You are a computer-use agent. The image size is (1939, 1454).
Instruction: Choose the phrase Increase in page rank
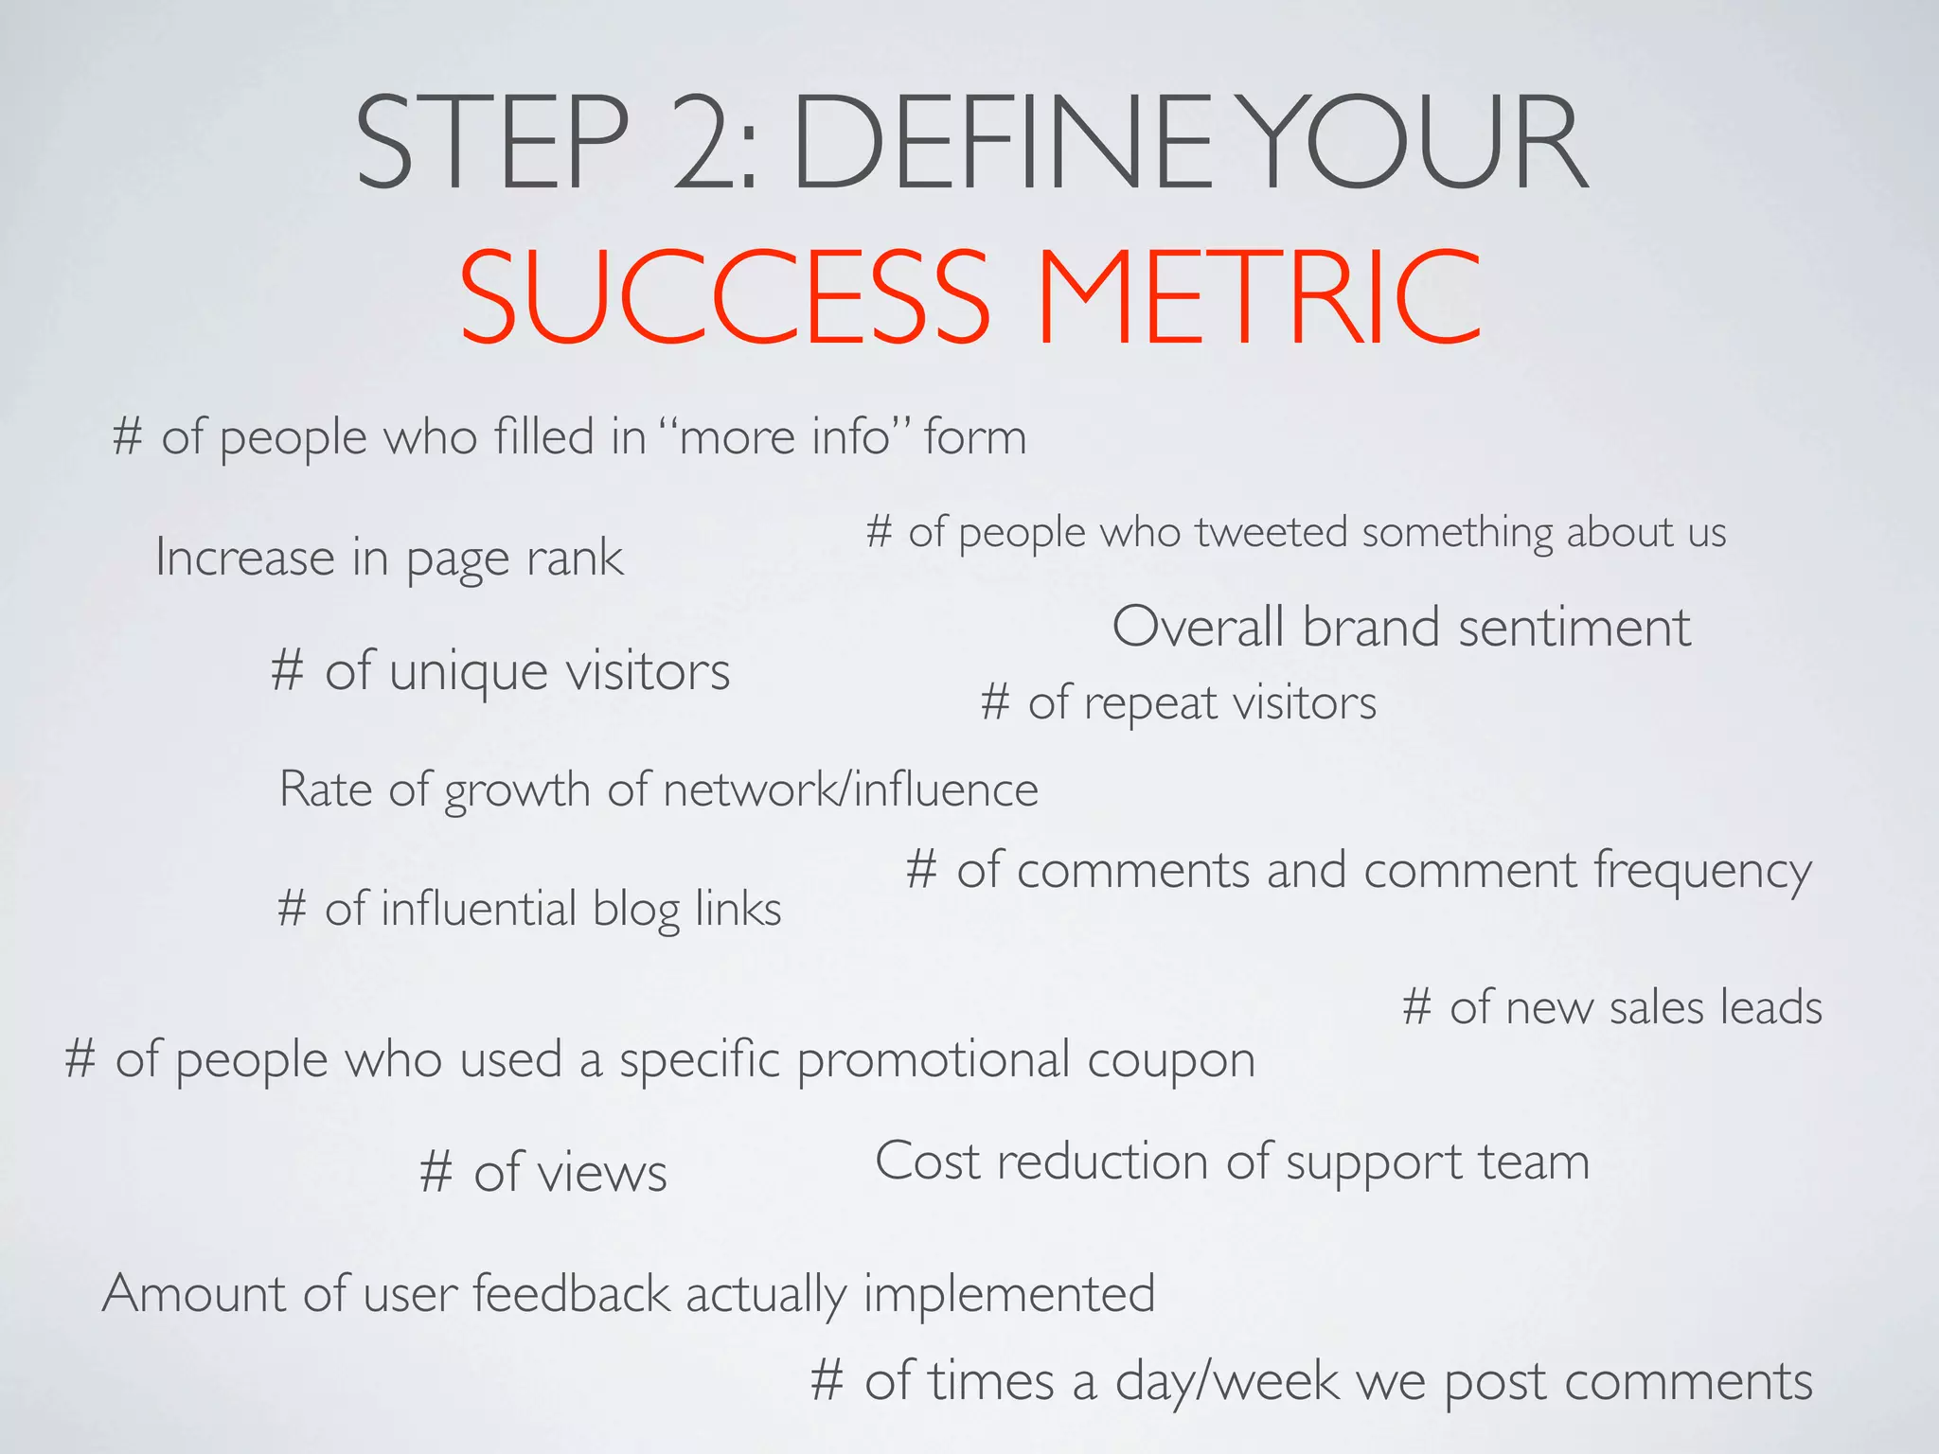[x=389, y=558]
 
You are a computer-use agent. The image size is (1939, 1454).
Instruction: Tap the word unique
[x=468, y=672]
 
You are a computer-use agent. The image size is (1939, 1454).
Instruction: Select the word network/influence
[x=850, y=789]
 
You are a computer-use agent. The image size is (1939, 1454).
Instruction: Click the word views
[x=601, y=1174]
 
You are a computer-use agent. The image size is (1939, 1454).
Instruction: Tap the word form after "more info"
[x=975, y=437]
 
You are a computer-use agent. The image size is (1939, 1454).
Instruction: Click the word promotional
[x=933, y=1060]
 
